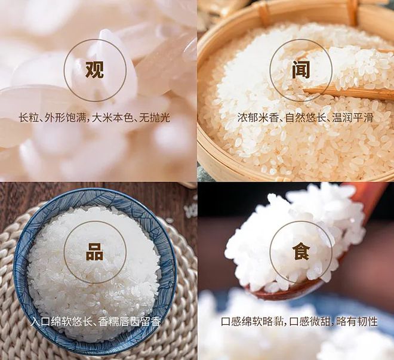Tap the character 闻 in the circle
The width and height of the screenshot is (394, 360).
pyautogui.click(x=300, y=70)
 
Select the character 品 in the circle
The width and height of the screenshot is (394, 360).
pyautogui.click(x=94, y=252)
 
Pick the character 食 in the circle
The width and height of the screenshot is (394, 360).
pyautogui.click(x=300, y=252)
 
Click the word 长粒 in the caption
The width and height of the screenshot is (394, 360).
pyautogui.click(x=27, y=118)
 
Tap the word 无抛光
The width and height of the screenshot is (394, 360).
pyautogui.click(x=154, y=118)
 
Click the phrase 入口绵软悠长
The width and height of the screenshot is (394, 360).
pyautogui.click(x=60, y=322)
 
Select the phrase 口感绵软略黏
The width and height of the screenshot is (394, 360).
pyautogui.click(x=251, y=322)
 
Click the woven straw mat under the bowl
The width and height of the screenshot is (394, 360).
pyautogui.click(x=185, y=310)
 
